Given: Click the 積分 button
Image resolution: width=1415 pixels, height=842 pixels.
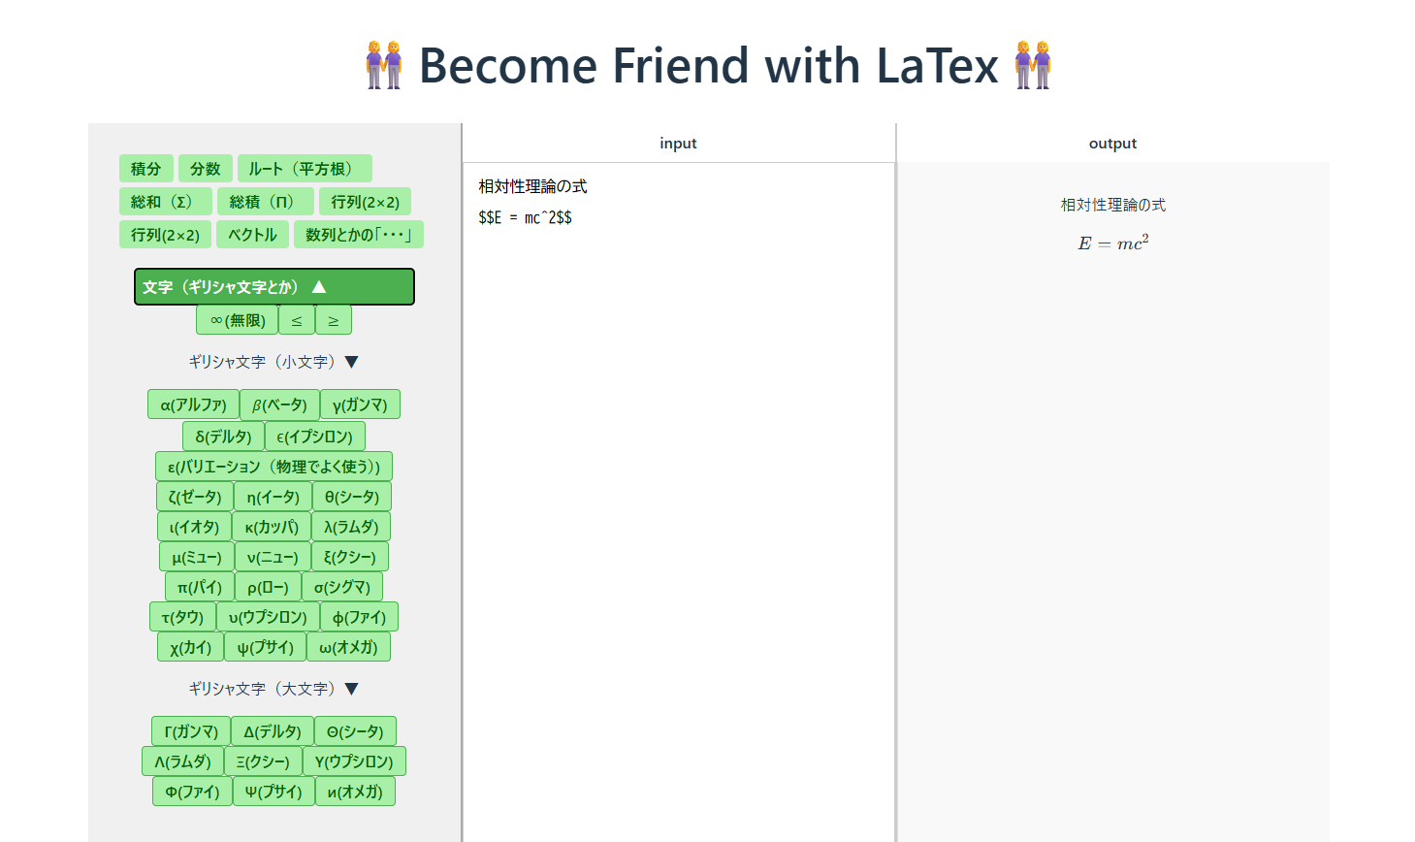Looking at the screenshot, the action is tap(145, 169).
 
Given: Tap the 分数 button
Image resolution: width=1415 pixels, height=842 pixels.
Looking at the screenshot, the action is tap(206, 169).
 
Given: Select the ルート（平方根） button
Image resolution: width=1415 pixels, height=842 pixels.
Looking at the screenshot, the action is tap(305, 169).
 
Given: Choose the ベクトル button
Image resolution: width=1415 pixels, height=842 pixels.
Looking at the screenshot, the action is tap(253, 235).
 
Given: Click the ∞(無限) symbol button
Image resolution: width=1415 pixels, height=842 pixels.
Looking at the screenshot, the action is tap(237, 320).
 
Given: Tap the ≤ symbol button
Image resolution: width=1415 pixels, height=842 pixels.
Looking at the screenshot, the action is tap(296, 320).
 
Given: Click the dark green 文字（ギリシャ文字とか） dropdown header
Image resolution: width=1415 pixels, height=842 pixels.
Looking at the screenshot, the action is tap(274, 287).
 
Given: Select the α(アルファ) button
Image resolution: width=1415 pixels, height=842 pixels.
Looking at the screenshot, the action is tap(193, 405).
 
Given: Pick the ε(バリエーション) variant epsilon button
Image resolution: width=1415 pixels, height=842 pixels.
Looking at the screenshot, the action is tap(273, 467).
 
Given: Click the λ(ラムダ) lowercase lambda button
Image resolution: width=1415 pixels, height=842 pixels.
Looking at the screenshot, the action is tap(351, 527).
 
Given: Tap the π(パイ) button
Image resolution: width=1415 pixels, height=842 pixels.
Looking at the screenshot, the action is tap(200, 587).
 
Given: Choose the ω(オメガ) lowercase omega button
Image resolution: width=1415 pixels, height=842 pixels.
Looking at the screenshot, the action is tap(348, 647).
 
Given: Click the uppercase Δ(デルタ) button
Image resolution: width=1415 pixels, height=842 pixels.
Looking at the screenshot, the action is tap(273, 730).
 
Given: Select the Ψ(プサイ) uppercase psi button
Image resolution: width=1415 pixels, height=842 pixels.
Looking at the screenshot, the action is tap(273, 791).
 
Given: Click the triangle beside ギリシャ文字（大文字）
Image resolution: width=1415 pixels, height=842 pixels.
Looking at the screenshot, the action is tap(352, 689).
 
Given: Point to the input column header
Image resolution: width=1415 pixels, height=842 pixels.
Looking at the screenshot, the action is tap(679, 144).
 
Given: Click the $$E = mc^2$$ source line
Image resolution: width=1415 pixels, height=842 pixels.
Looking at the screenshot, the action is tap(525, 218).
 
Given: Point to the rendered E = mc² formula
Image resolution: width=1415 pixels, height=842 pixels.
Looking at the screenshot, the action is tap(1113, 243).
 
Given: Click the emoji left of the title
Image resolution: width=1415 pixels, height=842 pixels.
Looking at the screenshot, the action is tap(383, 65).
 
